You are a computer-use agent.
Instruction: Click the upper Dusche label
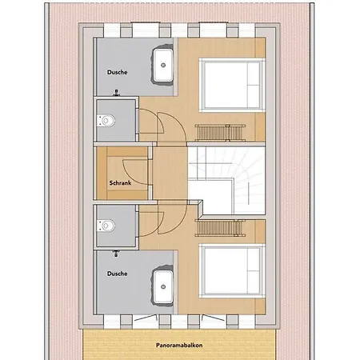(117, 72)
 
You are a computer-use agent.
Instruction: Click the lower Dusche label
(117, 273)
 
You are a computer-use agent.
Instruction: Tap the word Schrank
(120, 183)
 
